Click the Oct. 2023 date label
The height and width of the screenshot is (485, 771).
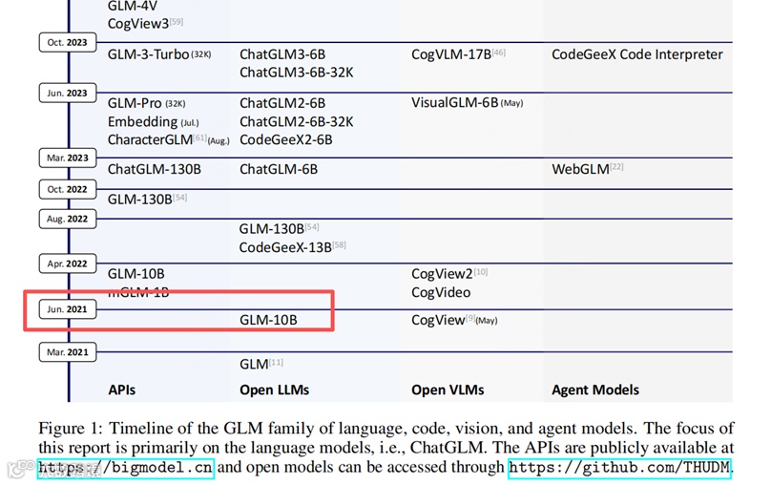point(69,42)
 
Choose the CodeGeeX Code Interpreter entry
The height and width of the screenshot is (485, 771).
point(636,54)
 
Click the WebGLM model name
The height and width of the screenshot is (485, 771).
point(580,169)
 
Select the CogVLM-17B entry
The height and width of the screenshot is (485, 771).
point(451,54)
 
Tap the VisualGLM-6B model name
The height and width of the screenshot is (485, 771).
point(455,103)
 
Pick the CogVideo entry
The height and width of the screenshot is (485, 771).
point(440,292)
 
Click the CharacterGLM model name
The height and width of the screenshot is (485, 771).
point(150,139)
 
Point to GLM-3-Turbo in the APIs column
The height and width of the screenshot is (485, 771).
point(148,54)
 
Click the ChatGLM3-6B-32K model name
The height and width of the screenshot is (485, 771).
point(296,73)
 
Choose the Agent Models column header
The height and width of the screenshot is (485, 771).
point(594,390)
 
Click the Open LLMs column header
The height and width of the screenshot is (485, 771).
point(274,390)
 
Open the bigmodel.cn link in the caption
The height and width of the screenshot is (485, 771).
point(126,468)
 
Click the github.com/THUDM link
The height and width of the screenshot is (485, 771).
point(619,468)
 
